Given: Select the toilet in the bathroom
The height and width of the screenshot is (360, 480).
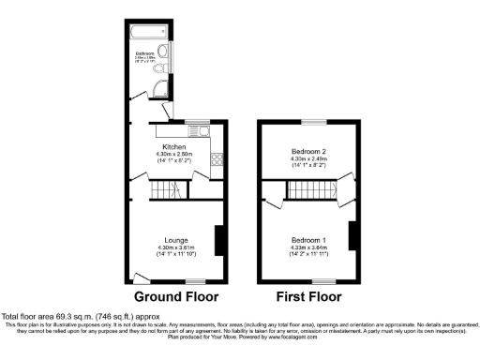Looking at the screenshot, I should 160,68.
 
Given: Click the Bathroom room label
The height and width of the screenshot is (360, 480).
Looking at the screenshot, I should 144,54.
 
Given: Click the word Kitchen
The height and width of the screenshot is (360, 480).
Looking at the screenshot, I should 174,147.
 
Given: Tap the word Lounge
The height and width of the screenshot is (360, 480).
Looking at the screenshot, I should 174,240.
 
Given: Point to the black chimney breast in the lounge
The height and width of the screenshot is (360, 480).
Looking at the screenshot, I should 218,240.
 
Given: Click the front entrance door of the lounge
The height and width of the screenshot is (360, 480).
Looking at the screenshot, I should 141,277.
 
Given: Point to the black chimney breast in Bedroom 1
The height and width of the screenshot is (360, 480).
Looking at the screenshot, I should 352,236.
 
